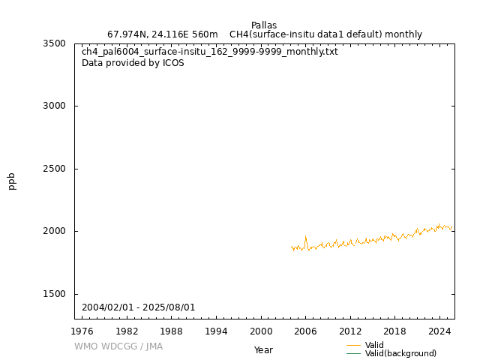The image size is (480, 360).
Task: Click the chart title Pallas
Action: tap(264, 25)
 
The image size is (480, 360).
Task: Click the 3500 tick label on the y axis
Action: tap(55, 43)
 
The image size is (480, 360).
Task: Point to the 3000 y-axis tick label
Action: tap(55, 106)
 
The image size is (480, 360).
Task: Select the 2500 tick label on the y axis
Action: tap(55, 169)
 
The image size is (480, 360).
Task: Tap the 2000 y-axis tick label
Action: tap(55, 231)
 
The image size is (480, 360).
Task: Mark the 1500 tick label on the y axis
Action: tap(55, 294)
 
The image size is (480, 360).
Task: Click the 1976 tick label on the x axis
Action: tap(82, 331)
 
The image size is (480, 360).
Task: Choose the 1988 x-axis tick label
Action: tap(172, 331)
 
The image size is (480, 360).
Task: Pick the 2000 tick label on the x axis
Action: tap(261, 331)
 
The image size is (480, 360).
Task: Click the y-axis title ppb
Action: tap(12, 181)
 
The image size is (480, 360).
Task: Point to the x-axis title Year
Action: tap(263, 349)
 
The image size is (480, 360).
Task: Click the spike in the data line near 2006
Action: tap(305, 237)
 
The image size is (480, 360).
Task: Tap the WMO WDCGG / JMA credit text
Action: tap(118, 346)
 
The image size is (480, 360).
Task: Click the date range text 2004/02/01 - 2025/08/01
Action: tap(139, 307)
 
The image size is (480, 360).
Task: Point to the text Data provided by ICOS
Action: tap(133, 63)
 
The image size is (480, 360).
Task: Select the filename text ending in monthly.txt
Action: tap(210, 52)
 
